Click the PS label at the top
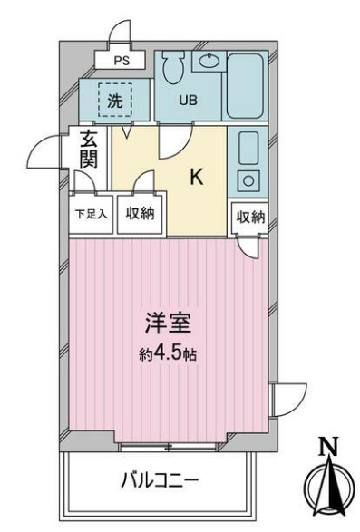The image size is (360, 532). (122, 62)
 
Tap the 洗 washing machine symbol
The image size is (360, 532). (114, 101)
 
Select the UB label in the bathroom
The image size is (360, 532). (188, 101)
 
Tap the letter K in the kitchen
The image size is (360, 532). (195, 178)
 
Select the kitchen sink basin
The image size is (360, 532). (248, 145)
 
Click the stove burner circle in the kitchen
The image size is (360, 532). (247, 179)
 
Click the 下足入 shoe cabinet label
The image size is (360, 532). (90, 215)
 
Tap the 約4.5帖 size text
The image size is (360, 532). (170, 354)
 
